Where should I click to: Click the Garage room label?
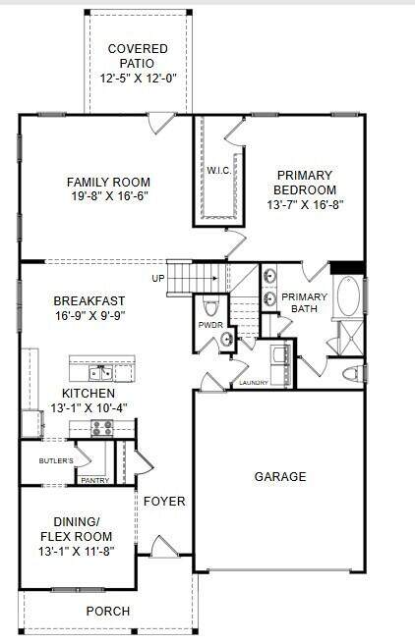pos(280,476)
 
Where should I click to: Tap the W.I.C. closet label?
pos(219,171)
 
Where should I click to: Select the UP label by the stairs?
pos(158,279)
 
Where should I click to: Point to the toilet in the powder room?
pos(211,305)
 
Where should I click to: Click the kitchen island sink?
pos(100,373)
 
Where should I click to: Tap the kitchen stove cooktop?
pos(101,428)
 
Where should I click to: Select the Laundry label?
pos(254,383)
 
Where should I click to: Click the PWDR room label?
pos(210,325)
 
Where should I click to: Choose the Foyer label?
pos(164,501)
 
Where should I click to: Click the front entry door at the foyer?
pos(164,547)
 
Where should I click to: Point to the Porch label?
pos(108,611)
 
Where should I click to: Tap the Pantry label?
pos(95,480)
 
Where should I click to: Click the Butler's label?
pos(56,461)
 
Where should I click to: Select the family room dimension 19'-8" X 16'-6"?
pos(109,196)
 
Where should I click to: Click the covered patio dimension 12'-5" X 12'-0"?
pos(139,78)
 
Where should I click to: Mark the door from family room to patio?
pos(161,123)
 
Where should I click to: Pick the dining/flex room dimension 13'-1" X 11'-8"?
pos(77,551)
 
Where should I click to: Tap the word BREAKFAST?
pos(89,300)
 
